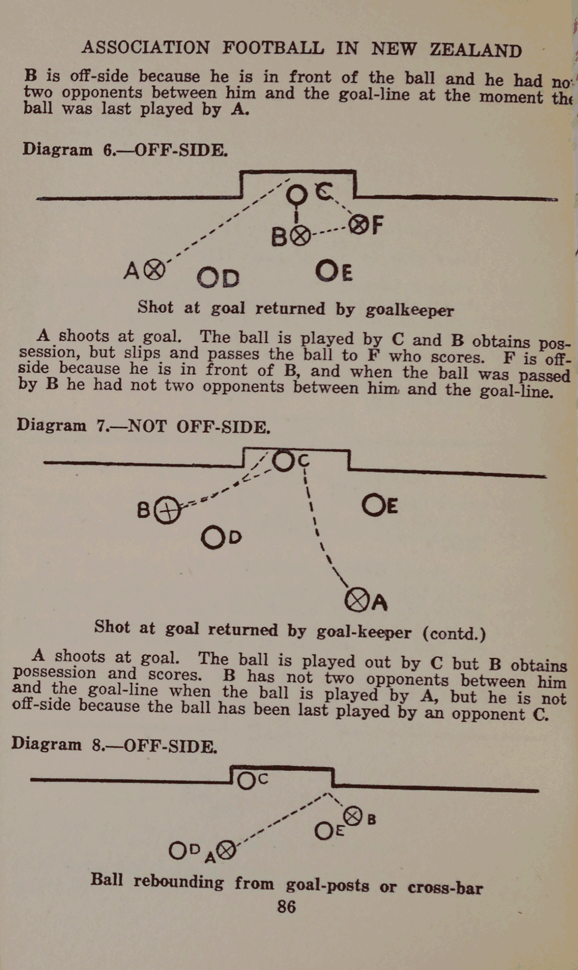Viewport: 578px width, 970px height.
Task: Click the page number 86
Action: point(286,906)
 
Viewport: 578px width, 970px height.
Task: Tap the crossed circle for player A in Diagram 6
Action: point(154,270)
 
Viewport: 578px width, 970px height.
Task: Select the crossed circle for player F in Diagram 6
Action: point(358,225)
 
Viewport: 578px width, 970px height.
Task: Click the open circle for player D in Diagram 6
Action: point(208,277)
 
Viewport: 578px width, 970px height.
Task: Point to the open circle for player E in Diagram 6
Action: point(327,271)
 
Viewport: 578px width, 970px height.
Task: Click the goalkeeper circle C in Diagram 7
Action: point(284,461)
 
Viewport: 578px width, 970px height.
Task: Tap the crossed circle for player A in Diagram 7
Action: point(356,600)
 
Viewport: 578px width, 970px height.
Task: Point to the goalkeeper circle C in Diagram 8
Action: point(247,780)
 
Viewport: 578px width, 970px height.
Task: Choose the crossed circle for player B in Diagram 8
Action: point(354,817)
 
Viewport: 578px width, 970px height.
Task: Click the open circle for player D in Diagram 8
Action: point(178,850)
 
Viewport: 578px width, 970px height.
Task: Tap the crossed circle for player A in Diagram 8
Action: point(226,851)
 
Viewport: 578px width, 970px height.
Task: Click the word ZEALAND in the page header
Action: point(475,50)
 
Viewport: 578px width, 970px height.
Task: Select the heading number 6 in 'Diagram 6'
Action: point(109,150)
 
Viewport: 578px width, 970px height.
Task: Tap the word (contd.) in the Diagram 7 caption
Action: point(455,633)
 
